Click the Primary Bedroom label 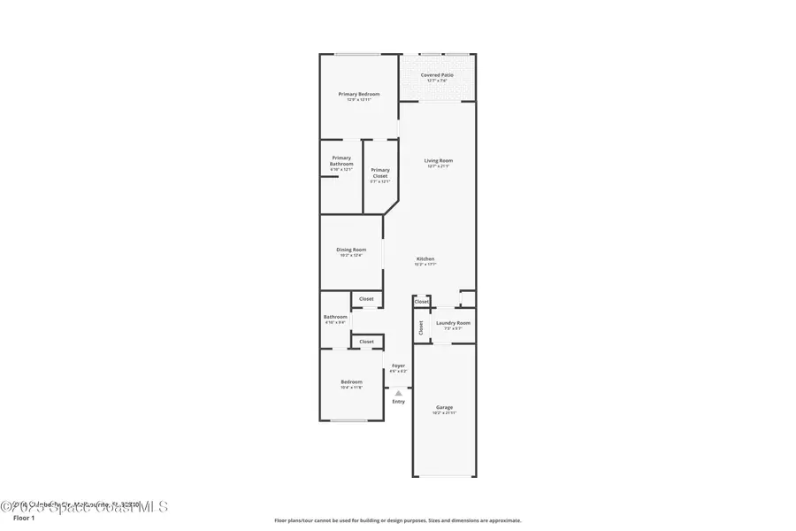(359, 94)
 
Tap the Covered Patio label (437, 75)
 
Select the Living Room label (439, 160)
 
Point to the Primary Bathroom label (341, 161)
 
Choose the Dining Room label (351, 250)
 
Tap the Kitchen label (425, 258)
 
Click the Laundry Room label (453, 323)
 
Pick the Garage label (444, 407)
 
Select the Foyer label (399, 366)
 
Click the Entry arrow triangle (399, 392)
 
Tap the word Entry (399, 402)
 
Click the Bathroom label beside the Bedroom (335, 317)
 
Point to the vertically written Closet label (421, 327)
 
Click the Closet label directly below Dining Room (366, 299)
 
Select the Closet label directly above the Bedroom (366, 342)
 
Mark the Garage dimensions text (444, 413)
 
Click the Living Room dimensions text (439, 166)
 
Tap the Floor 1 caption (24, 518)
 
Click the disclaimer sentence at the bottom (397, 520)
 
